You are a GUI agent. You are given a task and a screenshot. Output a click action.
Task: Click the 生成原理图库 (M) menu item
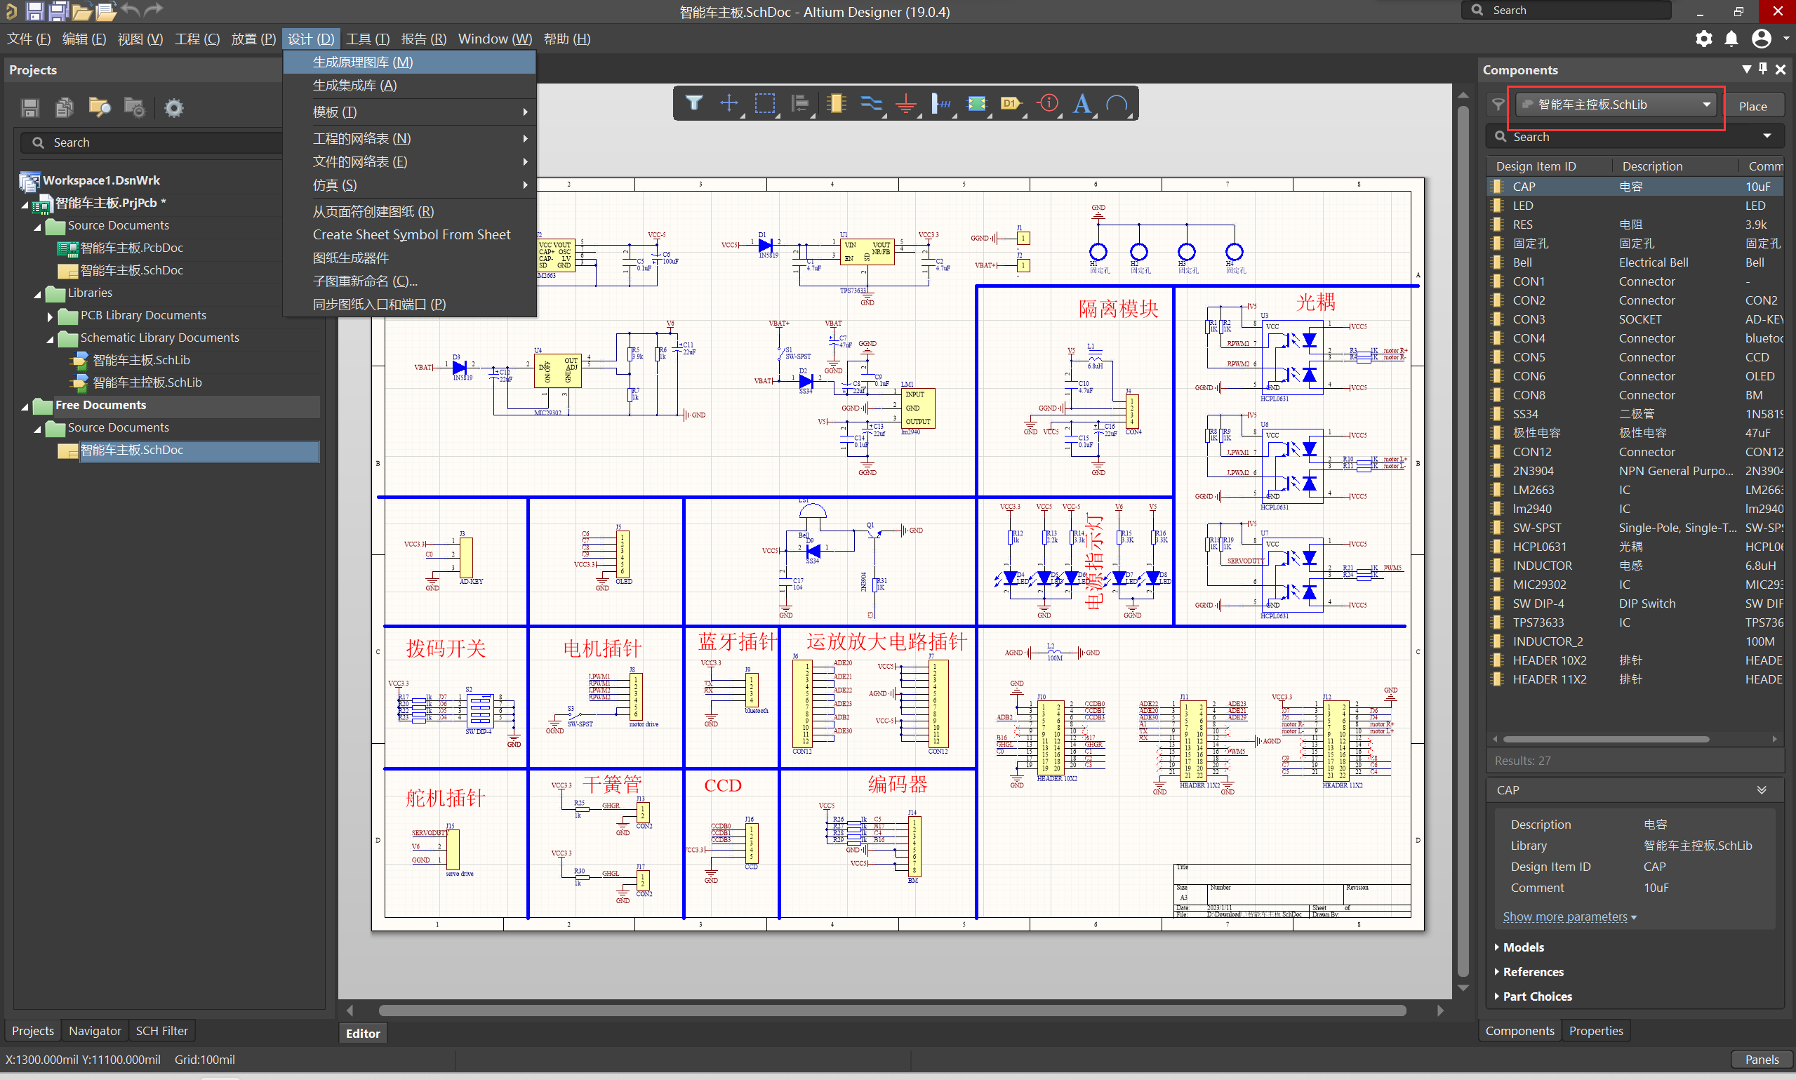(362, 62)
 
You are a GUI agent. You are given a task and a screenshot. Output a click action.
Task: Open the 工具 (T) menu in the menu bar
(368, 39)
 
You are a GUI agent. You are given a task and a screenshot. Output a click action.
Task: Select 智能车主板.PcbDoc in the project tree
(131, 248)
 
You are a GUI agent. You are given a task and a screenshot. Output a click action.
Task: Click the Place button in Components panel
(1752, 106)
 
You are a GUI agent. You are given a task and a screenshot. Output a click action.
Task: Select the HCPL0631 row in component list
(1539, 547)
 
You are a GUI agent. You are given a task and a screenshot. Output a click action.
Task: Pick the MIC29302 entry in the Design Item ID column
(1539, 585)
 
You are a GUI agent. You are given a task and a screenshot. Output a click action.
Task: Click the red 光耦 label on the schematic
(1315, 302)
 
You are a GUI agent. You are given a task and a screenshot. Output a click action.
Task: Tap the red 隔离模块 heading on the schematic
(1117, 309)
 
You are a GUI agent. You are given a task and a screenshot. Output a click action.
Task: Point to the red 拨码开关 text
(446, 648)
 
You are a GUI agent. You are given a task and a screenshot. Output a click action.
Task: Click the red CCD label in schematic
(722, 786)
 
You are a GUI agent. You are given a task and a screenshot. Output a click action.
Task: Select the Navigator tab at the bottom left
(95, 1030)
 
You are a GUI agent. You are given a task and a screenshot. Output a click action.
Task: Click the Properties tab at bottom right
(1595, 1030)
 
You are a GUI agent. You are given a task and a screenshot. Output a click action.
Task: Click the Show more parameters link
(1564, 916)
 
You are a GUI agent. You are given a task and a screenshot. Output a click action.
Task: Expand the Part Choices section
(1537, 996)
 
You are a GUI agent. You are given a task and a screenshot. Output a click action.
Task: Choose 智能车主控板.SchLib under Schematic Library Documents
(147, 382)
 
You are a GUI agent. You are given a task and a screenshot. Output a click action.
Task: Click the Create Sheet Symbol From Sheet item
(411, 234)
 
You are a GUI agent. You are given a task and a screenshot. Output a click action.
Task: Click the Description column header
(1652, 166)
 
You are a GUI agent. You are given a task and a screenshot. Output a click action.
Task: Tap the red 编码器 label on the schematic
(896, 785)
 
